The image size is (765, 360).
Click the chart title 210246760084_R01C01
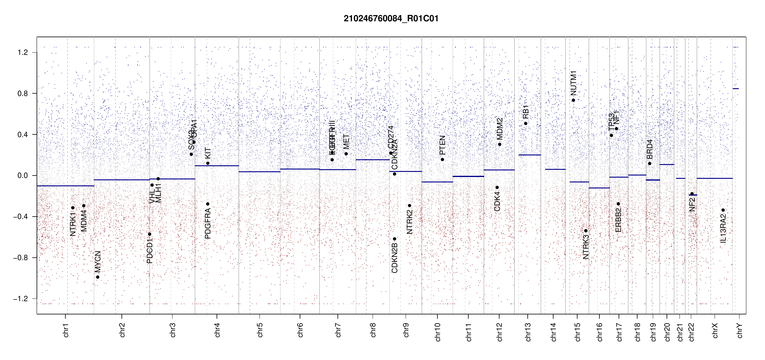391,19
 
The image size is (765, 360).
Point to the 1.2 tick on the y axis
23,52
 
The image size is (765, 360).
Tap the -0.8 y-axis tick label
20,258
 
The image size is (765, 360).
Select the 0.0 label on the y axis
23,175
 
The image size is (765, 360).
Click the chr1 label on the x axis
66,330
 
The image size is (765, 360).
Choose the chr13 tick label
528,332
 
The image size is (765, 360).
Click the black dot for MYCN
97,277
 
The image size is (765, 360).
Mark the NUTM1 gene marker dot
573,100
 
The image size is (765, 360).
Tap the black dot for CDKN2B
394,239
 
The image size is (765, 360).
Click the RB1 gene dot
526,123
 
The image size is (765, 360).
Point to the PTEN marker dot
442,159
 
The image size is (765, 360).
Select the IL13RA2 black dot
723,210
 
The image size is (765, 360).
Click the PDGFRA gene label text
208,223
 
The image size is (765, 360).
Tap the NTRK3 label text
586,247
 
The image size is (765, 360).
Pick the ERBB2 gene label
618,220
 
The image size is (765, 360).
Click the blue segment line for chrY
736,88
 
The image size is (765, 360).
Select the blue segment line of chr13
529,155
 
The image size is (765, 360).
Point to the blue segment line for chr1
65,186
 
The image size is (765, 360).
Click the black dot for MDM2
499,144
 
